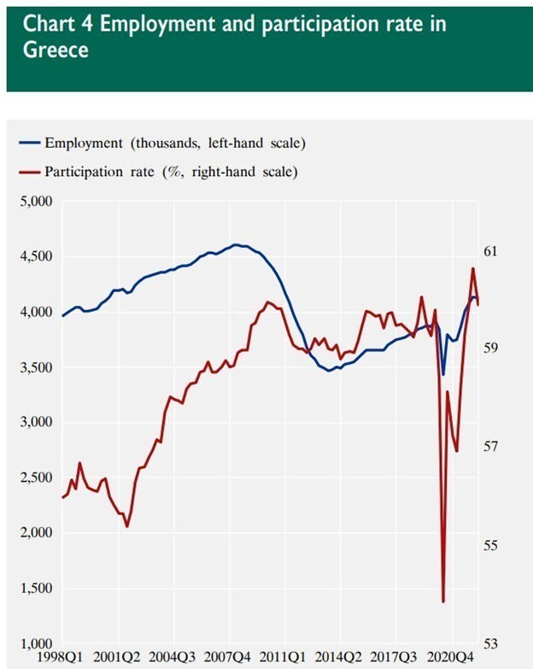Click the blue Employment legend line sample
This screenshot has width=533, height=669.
point(29,142)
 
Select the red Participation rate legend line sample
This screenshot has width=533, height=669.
point(29,171)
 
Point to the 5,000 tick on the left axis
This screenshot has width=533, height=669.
point(36,202)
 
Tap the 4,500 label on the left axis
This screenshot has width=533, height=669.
point(36,257)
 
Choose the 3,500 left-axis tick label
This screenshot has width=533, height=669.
point(36,367)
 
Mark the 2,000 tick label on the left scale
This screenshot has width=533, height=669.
point(36,533)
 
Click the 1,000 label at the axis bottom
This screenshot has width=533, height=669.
point(36,643)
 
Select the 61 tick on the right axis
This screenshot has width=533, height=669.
point(490,251)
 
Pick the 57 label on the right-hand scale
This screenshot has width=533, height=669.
point(490,447)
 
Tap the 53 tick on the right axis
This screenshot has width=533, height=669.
point(490,643)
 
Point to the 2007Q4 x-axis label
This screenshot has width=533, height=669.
point(229,658)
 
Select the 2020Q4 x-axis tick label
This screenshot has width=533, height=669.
point(453,658)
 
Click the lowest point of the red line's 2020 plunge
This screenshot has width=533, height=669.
point(443,602)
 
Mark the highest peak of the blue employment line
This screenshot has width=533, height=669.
point(237,244)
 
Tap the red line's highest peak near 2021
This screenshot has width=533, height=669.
point(472,268)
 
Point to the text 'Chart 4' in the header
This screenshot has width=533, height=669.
point(54,24)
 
